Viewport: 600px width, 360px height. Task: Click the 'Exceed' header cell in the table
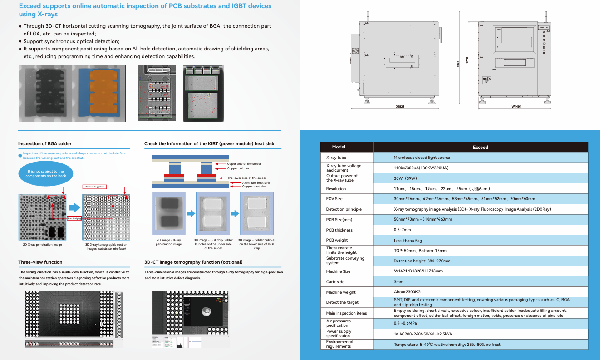tap(480, 147)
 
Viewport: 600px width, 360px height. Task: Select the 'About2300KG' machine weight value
tap(407, 292)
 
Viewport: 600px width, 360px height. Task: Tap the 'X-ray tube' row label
tap(336, 158)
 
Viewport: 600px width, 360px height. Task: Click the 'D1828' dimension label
tap(400, 106)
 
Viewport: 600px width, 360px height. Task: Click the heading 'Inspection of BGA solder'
tap(45, 144)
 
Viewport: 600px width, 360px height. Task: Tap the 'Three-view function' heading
tap(40, 262)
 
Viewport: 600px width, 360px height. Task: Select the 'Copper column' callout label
tap(238, 168)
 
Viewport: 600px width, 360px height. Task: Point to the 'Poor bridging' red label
tap(74, 218)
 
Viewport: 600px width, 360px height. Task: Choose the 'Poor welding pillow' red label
tap(94, 187)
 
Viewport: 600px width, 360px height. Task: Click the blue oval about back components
tap(45, 174)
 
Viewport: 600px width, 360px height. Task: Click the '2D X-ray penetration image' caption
tap(42, 245)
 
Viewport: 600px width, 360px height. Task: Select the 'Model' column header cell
tap(339, 147)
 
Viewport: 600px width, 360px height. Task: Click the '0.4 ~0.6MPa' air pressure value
tap(405, 323)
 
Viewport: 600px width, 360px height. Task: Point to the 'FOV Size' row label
tap(334, 199)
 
